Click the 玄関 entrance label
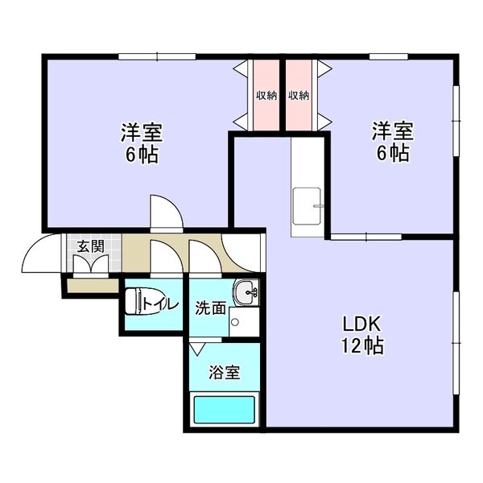[90, 246]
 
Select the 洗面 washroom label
[211, 308]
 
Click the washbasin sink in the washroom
[246, 292]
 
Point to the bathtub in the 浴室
[225, 410]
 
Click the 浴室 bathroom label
[225, 372]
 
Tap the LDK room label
[362, 324]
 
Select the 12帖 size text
[362, 345]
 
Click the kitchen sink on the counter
[307, 206]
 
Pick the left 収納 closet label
[266, 96]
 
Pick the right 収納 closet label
[299, 96]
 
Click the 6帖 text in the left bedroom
[142, 154]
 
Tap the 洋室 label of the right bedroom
[393, 131]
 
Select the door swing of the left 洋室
[171, 206]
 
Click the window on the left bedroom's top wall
[157, 56]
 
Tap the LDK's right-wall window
[456, 343]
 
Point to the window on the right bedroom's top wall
[389, 56]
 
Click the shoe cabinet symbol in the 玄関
[91, 264]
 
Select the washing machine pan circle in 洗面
[235, 322]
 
